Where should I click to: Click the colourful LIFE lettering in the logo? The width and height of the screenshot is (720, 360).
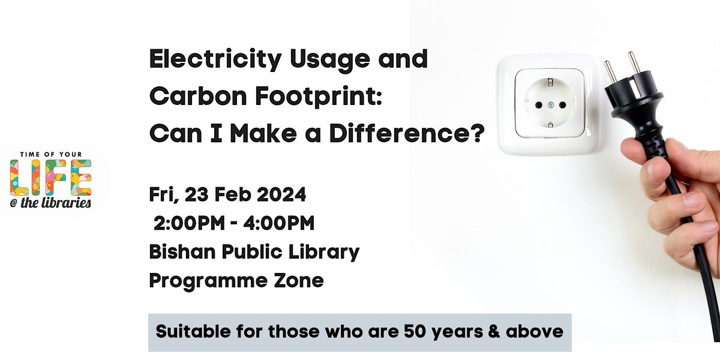(x=51, y=178)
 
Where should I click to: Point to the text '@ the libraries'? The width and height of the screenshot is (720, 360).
(x=51, y=203)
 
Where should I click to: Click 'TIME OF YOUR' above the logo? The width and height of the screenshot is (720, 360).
(x=51, y=154)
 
